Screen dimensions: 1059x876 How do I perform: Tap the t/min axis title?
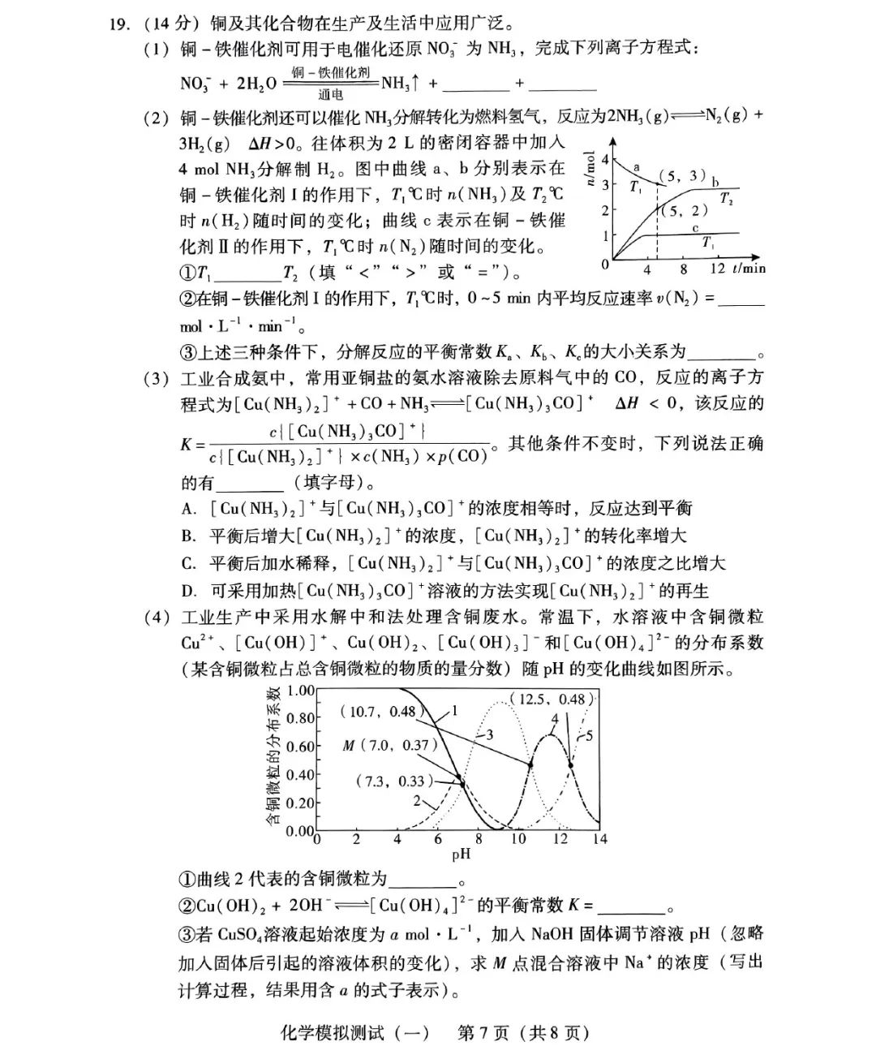[x=749, y=269]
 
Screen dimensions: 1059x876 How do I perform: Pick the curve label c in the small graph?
[x=695, y=228]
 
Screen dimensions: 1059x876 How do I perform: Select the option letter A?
[x=188, y=509]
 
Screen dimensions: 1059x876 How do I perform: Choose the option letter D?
[x=188, y=591]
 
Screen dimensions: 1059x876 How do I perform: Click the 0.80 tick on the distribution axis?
[x=301, y=718]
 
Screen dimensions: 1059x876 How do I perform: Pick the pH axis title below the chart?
[x=460, y=854]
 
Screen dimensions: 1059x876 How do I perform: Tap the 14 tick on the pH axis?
[x=599, y=839]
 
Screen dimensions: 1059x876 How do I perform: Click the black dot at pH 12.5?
[x=571, y=764]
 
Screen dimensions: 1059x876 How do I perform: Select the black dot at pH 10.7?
[x=531, y=764]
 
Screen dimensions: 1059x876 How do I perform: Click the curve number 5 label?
[x=589, y=736]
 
